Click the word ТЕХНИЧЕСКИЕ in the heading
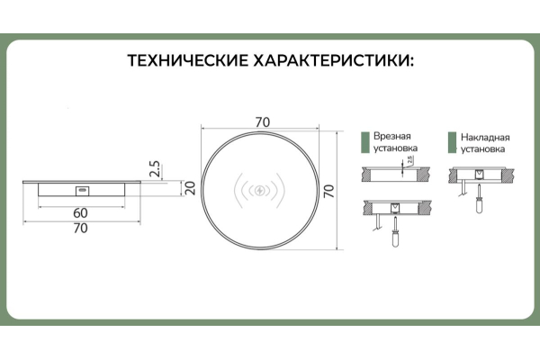[188, 60]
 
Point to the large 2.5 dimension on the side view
[155, 168]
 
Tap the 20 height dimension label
[190, 188]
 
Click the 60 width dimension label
[80, 213]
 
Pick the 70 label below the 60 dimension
[80, 228]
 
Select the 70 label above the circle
[263, 122]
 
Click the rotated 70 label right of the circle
[328, 191]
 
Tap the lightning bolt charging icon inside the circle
[260, 190]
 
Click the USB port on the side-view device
[83, 191]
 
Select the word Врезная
[392, 136]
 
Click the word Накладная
[485, 138]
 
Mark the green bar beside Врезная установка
[365, 142]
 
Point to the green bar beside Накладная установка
[452, 142]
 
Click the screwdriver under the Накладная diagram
[479, 199]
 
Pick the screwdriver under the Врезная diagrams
[395, 230]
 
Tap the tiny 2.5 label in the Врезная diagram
[409, 160]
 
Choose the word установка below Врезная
[395, 148]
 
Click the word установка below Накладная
[482, 149]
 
